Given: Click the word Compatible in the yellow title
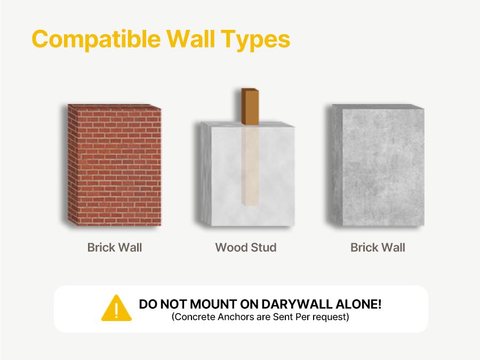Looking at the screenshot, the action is (x=96, y=39).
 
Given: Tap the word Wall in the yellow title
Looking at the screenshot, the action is (x=191, y=38).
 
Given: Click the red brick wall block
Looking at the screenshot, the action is (x=115, y=165).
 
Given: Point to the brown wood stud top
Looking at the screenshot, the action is (x=250, y=107).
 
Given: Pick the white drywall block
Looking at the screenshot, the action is (x=247, y=174).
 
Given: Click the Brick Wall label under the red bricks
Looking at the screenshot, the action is (x=115, y=247).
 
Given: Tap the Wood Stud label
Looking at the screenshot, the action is (x=246, y=247).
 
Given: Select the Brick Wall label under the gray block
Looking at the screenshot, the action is (x=378, y=247).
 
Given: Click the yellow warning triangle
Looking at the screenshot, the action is (x=116, y=308).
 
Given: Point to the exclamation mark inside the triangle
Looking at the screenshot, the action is (x=116, y=310).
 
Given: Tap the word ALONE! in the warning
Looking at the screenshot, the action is (x=358, y=305).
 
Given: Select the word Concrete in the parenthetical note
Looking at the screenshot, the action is (x=194, y=316).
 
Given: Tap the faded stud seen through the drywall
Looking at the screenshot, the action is (x=250, y=165).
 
